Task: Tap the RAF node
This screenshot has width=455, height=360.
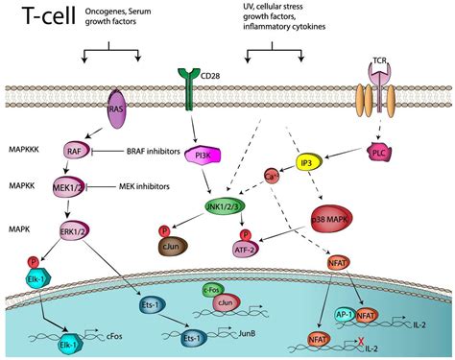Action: (x=77, y=150)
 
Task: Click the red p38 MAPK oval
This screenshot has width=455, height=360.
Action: (x=335, y=218)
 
